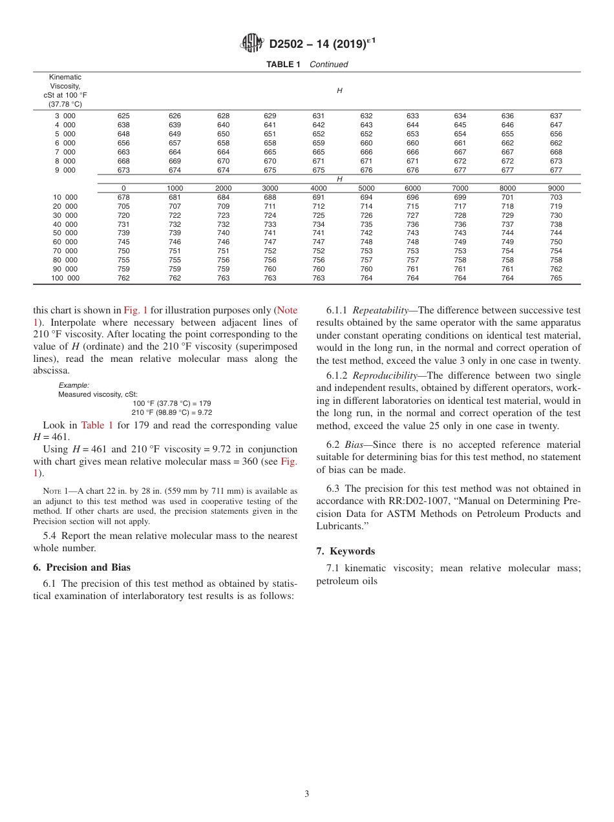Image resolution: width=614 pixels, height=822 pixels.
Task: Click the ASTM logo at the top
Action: click(x=252, y=43)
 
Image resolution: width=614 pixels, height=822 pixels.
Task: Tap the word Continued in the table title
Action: click(x=328, y=65)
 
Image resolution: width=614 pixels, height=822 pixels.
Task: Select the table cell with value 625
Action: click(x=123, y=116)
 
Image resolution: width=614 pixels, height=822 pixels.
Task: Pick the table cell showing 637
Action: click(x=556, y=116)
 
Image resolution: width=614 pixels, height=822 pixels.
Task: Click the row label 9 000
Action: click(x=65, y=171)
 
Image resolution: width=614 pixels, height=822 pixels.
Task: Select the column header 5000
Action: click(x=366, y=189)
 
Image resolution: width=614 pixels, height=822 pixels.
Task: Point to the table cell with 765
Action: click(x=556, y=279)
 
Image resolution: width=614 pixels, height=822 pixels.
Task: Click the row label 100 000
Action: click(x=65, y=279)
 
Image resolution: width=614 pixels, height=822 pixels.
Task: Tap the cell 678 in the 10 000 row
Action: click(x=123, y=197)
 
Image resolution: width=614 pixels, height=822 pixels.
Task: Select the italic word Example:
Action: click(x=74, y=385)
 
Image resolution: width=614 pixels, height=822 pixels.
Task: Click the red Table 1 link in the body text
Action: click(x=97, y=425)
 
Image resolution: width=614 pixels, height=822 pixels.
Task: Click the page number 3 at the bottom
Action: click(x=306, y=794)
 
